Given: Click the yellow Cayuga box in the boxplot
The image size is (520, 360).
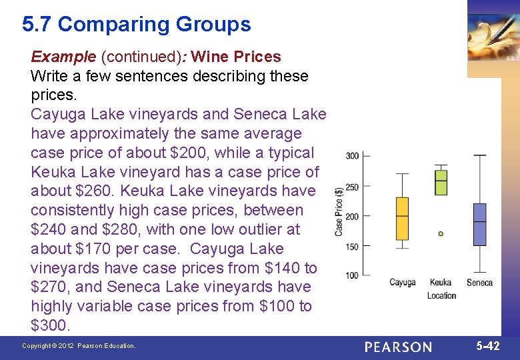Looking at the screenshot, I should (402, 218).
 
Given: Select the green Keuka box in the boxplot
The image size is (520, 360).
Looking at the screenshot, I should (441, 182).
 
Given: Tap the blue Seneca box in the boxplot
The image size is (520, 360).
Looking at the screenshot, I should (479, 224).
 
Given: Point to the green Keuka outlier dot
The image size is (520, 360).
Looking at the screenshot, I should (441, 234).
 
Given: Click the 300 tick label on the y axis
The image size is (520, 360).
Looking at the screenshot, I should (352, 156).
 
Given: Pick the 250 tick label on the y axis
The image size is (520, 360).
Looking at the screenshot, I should (352, 187).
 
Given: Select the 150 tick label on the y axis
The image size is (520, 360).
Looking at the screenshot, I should (352, 247).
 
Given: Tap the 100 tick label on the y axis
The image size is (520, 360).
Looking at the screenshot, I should (352, 275).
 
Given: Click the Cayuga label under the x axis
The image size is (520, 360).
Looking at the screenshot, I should (402, 283).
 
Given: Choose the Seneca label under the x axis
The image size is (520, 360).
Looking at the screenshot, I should (479, 283).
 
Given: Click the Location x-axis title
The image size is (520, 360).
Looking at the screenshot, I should (441, 295).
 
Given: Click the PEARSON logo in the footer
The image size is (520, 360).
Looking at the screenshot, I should (398, 347).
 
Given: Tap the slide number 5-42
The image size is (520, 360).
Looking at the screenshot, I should (488, 346).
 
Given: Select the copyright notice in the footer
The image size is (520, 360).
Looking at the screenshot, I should (79, 346).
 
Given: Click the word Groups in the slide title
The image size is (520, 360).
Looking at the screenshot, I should (213, 25).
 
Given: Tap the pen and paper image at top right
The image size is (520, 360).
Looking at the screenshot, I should (493, 37).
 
